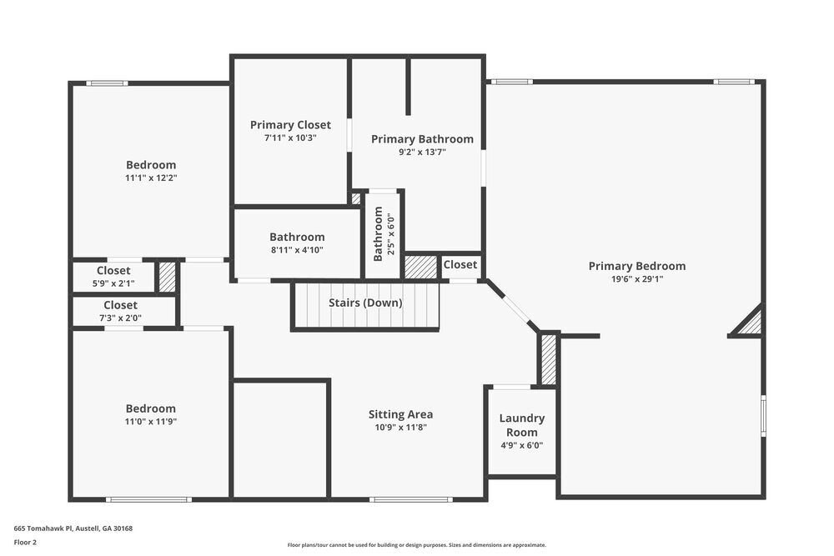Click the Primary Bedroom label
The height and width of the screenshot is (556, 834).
[636, 266]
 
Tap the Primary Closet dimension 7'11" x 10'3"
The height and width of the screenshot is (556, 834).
[290, 138]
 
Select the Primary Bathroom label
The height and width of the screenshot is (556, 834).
[422, 139]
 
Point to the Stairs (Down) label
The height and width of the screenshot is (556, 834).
[365, 303]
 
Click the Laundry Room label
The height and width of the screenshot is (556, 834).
[521, 425]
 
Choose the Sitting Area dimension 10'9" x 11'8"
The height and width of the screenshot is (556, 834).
[400, 428]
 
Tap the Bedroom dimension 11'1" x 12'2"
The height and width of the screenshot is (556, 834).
[151, 178]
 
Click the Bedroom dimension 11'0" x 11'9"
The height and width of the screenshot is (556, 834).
[151, 422]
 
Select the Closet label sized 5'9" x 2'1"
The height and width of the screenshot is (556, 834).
[113, 271]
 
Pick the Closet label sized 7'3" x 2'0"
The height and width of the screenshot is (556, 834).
[121, 306]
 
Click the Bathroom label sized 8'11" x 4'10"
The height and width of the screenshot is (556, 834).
[297, 238]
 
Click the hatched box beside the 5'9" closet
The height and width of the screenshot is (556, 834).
[167, 278]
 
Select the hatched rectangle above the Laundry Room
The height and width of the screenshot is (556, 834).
[548, 359]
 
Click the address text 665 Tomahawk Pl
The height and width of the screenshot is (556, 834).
[73, 528]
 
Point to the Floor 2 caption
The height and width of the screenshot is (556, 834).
[26, 542]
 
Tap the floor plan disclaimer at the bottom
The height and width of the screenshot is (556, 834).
[416, 545]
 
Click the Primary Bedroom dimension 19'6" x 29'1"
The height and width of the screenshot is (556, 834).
[636, 279]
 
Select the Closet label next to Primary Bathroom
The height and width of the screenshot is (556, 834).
[460, 265]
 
